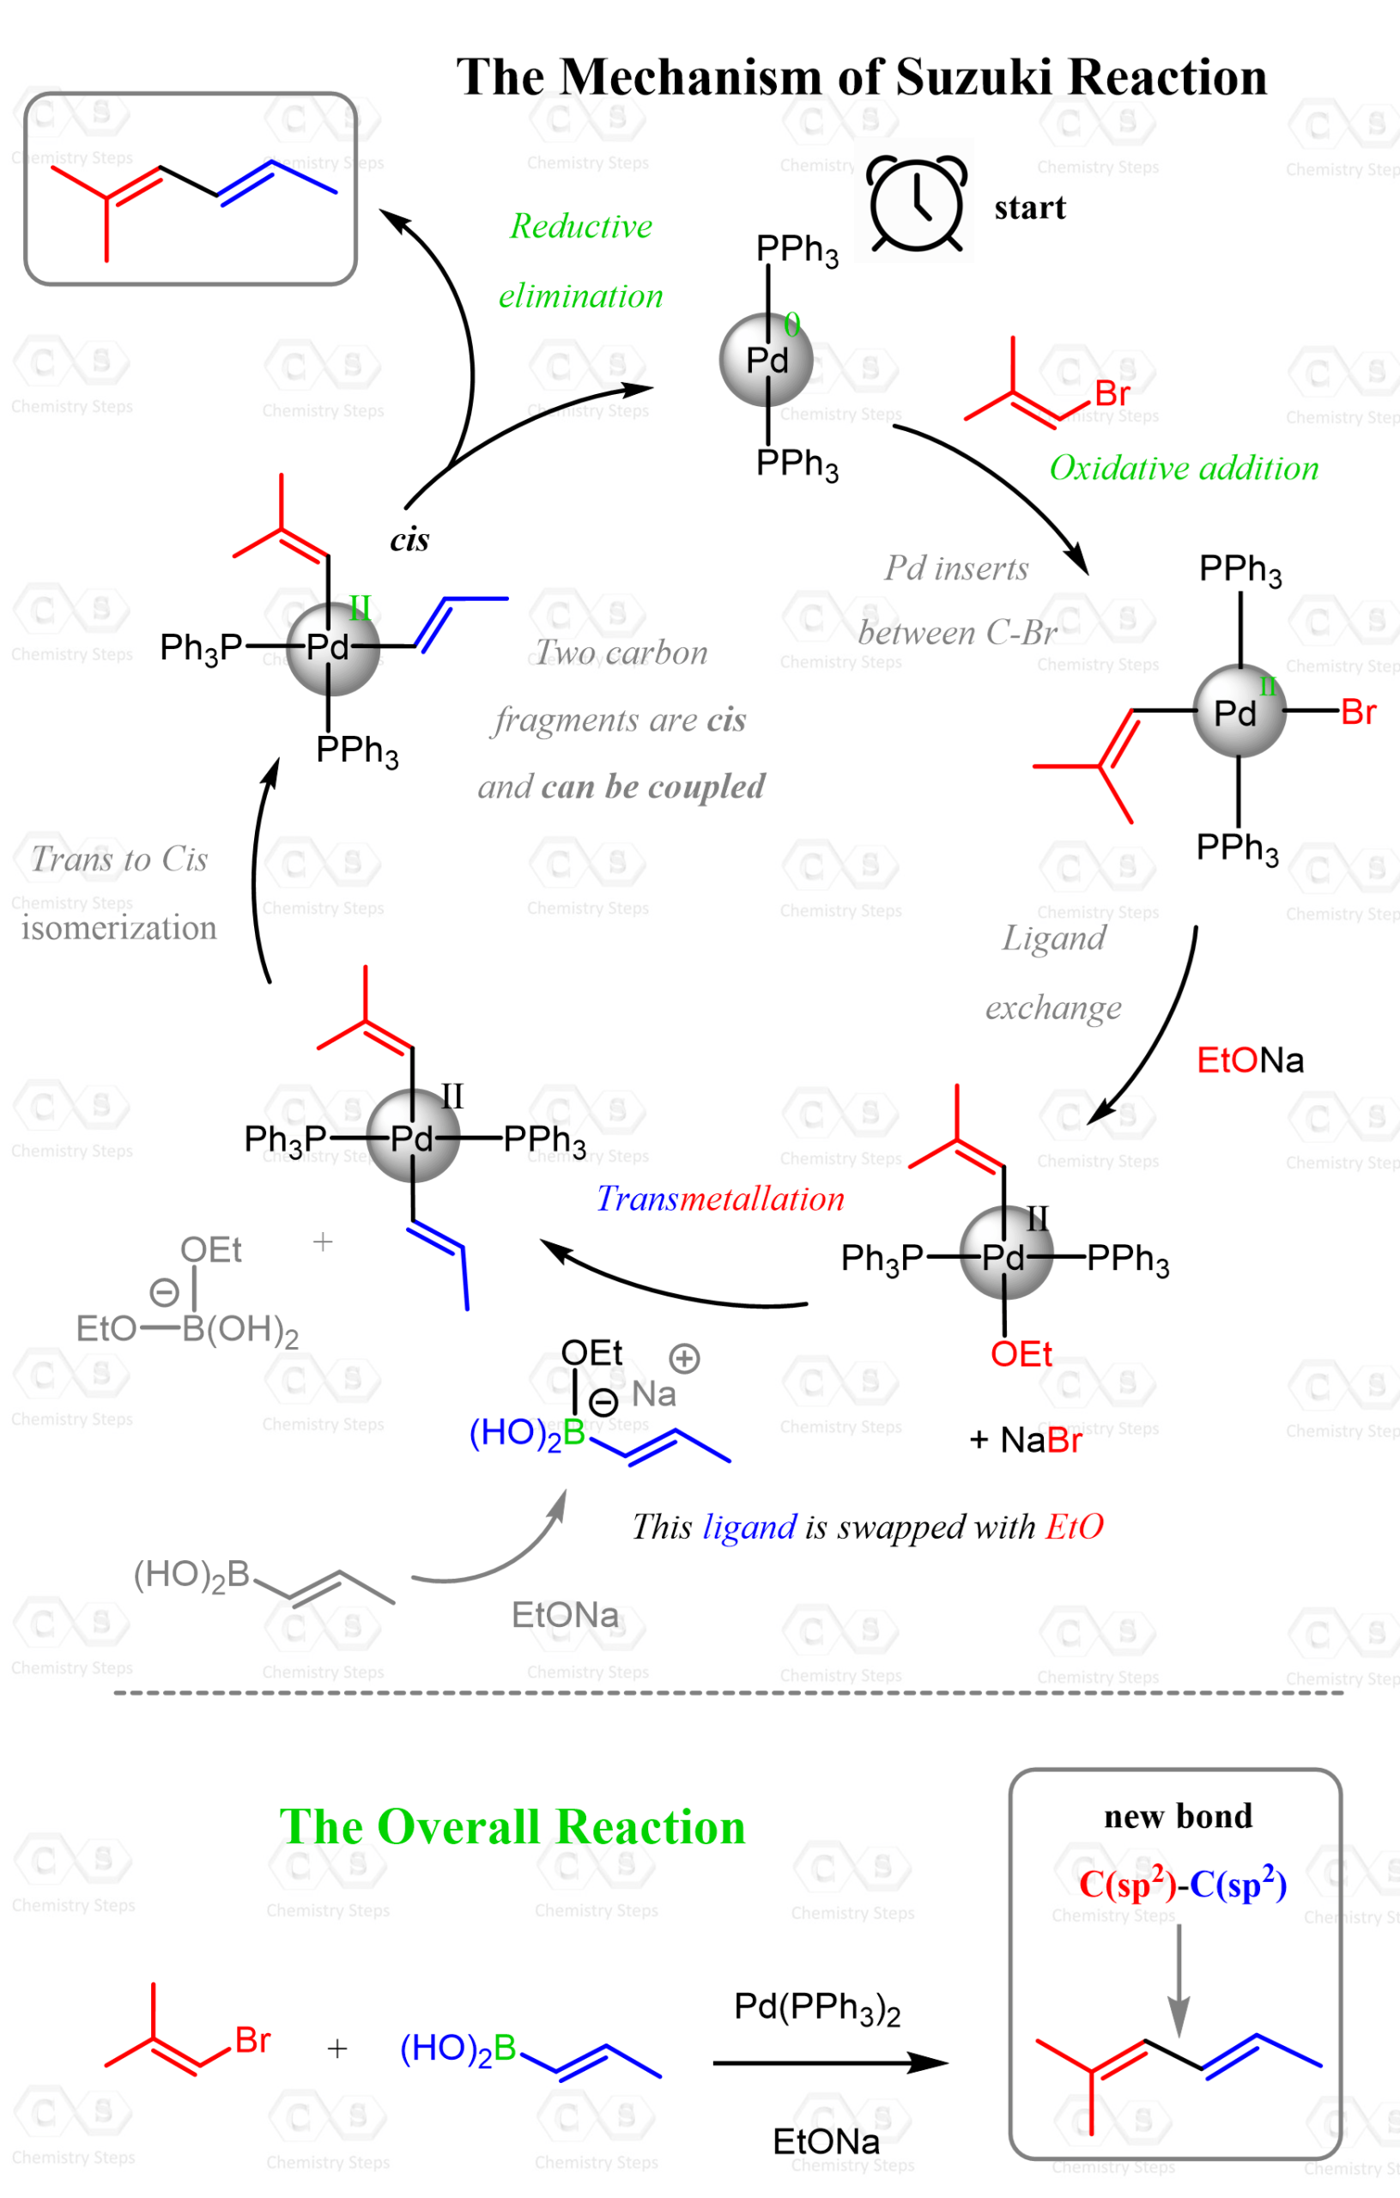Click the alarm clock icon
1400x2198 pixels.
(915, 203)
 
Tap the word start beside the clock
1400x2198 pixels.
(1029, 207)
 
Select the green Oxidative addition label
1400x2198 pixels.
(1184, 468)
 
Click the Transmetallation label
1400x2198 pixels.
(720, 1199)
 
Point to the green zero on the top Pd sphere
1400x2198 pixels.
(791, 324)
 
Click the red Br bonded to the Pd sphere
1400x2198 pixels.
(1358, 712)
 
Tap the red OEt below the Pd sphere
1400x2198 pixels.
(1021, 1354)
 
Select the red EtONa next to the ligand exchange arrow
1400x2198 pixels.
(1250, 1060)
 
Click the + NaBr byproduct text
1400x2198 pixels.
(1025, 1440)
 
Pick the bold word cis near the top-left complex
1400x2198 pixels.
(409, 539)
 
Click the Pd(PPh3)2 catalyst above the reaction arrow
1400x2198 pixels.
(817, 2008)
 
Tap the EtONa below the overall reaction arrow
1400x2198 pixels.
(826, 2141)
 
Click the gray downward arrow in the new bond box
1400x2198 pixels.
(1179, 1981)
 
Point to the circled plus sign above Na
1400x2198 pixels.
(683, 1358)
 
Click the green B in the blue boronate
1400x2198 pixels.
(574, 1432)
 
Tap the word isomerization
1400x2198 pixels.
(118, 927)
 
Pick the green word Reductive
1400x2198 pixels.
(580, 226)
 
